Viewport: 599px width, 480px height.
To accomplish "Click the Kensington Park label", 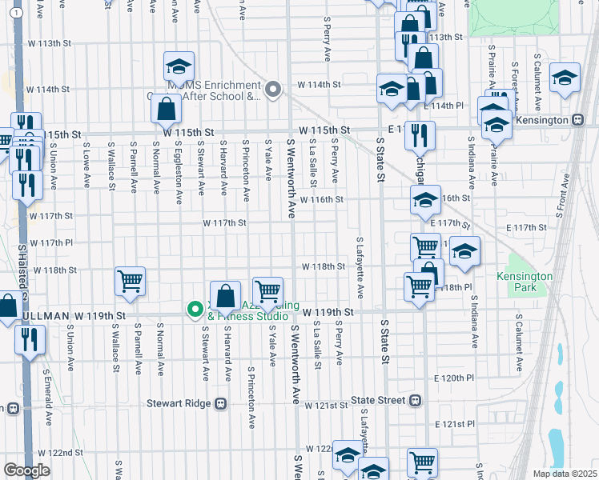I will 530,282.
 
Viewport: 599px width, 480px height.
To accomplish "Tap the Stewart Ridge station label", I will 176,404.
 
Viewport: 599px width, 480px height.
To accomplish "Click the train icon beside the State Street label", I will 415,400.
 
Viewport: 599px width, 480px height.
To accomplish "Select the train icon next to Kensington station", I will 578,119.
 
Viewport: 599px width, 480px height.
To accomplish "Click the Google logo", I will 26,470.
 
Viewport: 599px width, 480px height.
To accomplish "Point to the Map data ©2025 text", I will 564,474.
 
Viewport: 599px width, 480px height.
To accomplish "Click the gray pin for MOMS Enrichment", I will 273,89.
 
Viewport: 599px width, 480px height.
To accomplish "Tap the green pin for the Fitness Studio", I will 194,309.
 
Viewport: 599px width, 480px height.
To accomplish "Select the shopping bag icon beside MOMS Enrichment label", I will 166,108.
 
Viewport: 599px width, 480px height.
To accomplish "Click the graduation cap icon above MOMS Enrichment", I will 179,66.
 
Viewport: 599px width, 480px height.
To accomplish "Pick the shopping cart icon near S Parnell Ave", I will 130,281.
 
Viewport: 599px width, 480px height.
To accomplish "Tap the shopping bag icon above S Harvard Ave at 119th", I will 226,294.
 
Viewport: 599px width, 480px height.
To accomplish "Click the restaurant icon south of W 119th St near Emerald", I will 30,338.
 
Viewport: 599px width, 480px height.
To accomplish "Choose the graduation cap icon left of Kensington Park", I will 464,252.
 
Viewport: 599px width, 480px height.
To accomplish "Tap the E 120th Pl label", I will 453,377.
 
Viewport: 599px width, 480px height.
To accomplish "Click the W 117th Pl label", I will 51,242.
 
